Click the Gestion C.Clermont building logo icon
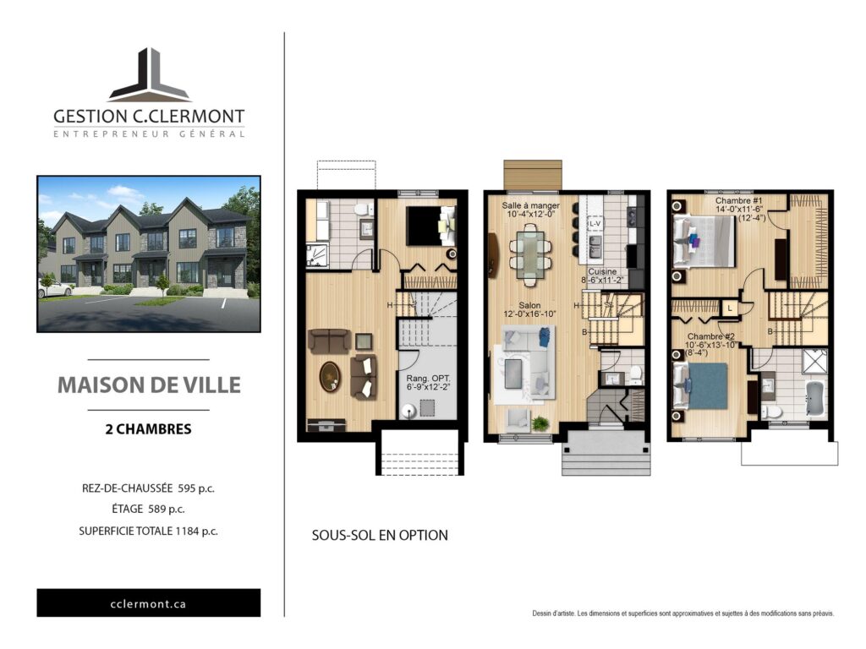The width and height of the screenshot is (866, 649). pos(149,75)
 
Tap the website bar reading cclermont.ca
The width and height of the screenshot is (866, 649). pos(149,603)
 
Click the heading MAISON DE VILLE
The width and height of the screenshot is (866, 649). pos(149,385)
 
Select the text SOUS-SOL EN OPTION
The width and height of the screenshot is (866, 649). pos(380,535)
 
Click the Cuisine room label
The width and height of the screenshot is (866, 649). pos(602,271)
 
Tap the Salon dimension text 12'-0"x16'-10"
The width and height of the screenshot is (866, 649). pos(529,314)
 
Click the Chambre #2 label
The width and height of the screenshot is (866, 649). pos(710,336)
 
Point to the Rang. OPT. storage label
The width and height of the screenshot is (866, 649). pos(429,379)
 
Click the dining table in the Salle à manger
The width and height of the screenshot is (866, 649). pos(530,254)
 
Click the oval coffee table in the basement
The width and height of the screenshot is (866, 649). pos(331,377)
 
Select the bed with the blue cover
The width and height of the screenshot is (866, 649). pos(699,385)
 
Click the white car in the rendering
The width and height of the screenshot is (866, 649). pos(54,288)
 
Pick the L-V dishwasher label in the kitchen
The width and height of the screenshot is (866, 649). pos(595,223)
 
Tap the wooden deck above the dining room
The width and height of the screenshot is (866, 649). pos(533,175)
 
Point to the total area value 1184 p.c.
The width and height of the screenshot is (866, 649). pos(196,532)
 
